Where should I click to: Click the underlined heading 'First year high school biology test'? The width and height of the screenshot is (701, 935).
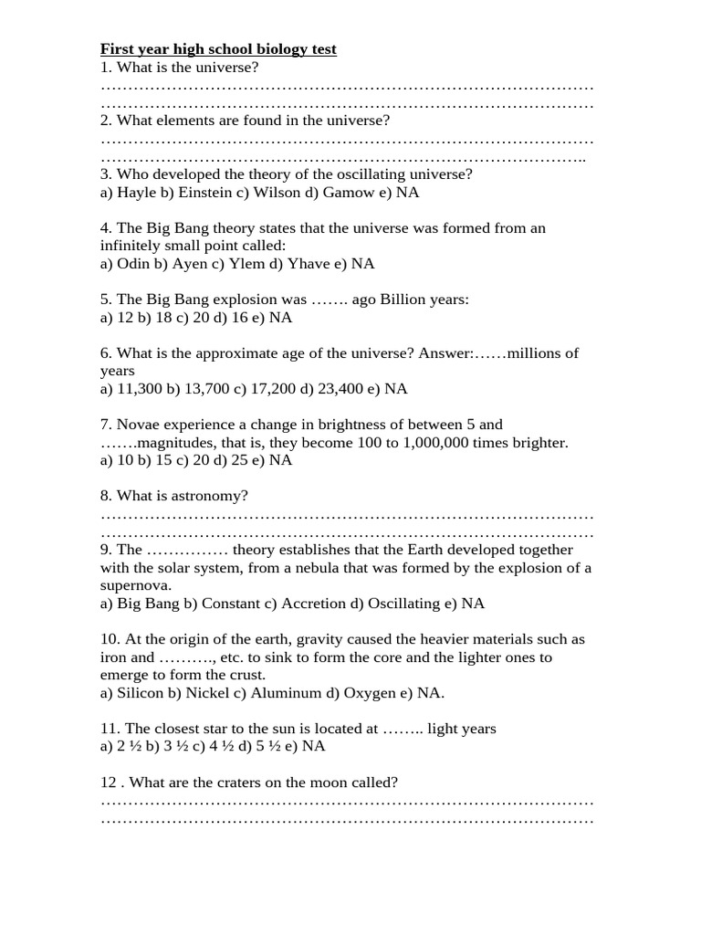point(218,48)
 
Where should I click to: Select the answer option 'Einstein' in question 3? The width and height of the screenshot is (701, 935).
point(204,193)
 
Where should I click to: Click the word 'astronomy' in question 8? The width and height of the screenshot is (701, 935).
point(214,496)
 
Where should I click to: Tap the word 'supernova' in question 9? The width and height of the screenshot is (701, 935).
point(135,585)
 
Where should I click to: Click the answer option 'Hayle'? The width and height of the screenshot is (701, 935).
point(135,193)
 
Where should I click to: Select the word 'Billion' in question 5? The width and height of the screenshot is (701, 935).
point(404,299)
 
